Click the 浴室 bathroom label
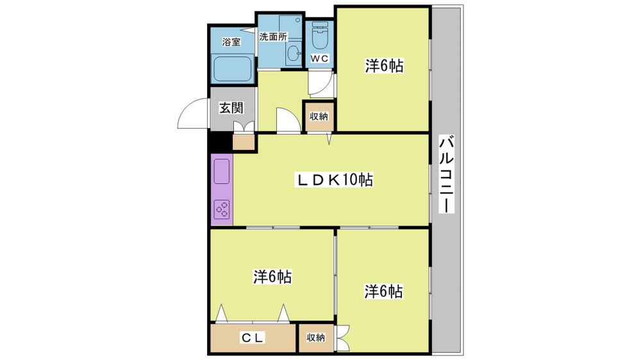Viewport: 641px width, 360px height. pyautogui.click(x=231, y=42)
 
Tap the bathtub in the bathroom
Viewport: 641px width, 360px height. pyautogui.click(x=233, y=69)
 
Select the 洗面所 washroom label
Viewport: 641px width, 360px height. pyautogui.click(x=274, y=37)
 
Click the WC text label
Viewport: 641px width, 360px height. pyautogui.click(x=319, y=58)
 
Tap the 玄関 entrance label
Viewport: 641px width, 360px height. pyautogui.click(x=231, y=108)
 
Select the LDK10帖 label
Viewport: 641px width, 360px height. pyautogui.click(x=335, y=179)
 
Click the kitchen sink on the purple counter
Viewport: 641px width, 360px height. pyautogui.click(x=222, y=171)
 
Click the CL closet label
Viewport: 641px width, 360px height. pyautogui.click(x=253, y=338)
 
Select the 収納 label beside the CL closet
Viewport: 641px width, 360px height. pyautogui.click(x=316, y=338)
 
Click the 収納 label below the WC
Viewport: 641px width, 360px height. pyautogui.click(x=319, y=116)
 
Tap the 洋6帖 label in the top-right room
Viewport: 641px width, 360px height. pyautogui.click(x=384, y=65)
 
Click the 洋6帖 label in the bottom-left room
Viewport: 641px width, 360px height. pyautogui.click(x=272, y=277)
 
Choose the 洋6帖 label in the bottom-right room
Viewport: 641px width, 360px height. pyautogui.click(x=383, y=291)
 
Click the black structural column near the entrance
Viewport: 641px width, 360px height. pyautogui.click(x=219, y=142)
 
